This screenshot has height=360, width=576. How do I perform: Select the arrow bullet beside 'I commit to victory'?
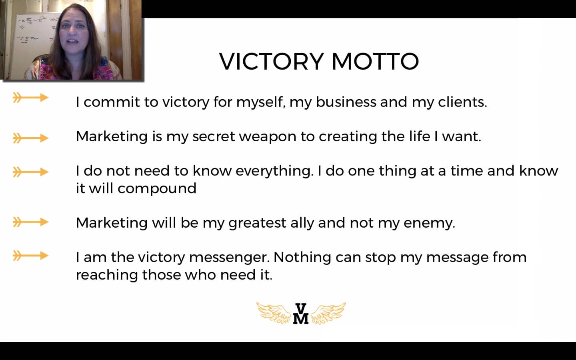point(30,98)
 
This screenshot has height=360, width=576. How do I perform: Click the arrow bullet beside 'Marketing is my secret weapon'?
point(30,138)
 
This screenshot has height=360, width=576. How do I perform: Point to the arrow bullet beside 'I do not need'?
point(30,172)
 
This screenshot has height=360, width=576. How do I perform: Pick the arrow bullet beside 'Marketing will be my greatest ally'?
point(30,222)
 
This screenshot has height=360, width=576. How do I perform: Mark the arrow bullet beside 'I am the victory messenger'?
point(30,256)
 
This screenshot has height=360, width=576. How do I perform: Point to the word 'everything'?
point(274,171)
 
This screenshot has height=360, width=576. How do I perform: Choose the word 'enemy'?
point(429,223)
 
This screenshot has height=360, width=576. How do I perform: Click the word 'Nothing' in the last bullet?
point(302,257)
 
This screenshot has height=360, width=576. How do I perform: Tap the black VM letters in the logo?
point(301,314)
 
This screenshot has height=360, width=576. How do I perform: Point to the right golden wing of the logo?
point(328,313)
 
